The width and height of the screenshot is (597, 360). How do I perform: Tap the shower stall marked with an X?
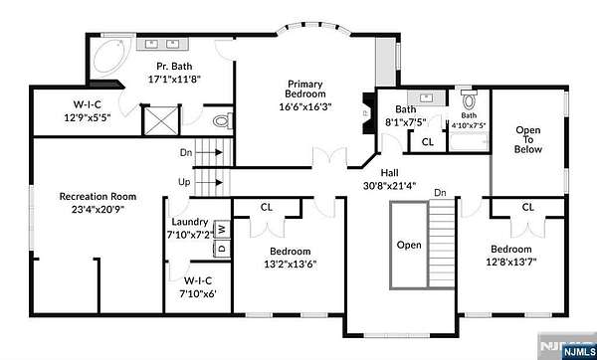(x=162, y=120)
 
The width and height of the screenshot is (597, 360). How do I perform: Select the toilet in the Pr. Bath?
(x=223, y=121)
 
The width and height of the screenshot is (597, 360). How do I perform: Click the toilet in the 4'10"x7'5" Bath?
(x=469, y=99)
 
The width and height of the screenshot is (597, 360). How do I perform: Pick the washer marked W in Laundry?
(x=222, y=230)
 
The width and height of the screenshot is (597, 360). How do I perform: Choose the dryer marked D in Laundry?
(x=222, y=249)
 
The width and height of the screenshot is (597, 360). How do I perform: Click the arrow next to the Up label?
(x=213, y=183)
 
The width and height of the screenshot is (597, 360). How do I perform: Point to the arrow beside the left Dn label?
(x=213, y=152)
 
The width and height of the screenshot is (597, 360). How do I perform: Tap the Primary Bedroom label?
(x=305, y=89)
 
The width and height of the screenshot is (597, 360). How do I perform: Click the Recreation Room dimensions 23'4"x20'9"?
(x=98, y=209)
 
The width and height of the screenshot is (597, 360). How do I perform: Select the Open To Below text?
(x=528, y=139)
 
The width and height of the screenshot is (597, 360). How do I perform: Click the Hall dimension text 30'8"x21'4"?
(x=390, y=186)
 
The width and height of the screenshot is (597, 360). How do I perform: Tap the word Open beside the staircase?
(x=409, y=245)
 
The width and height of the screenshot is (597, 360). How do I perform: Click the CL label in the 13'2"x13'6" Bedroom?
(x=267, y=208)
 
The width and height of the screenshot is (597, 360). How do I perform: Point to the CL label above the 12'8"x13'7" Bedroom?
(x=528, y=208)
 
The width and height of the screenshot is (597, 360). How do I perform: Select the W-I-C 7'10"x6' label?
(x=198, y=287)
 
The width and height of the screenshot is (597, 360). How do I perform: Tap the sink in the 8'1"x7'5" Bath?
(x=426, y=98)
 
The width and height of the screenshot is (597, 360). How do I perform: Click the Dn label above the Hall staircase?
(x=441, y=193)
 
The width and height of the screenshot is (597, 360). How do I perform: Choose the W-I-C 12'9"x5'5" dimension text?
(x=88, y=118)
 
